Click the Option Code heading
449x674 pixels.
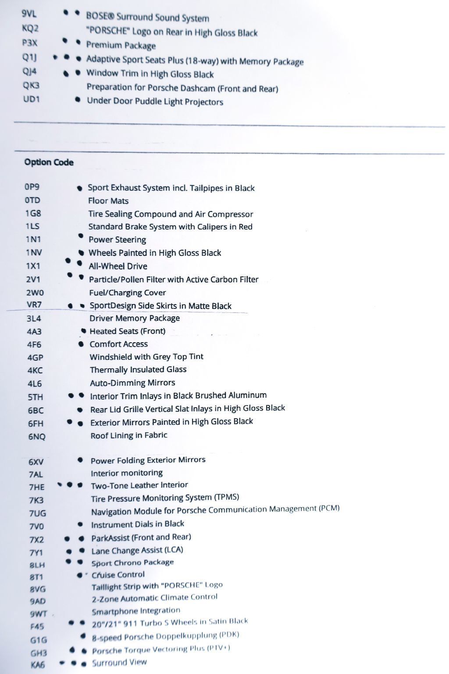[49, 162]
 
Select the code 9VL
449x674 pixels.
[29, 14]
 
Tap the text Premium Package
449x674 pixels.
[121, 45]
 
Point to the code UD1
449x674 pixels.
[31, 99]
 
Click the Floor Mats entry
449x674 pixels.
[108, 201]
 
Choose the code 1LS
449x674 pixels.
[32, 226]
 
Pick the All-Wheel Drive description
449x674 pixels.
[118, 266]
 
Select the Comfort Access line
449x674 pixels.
[118, 344]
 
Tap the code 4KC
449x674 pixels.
[35, 370]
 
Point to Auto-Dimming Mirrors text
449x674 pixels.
[132, 383]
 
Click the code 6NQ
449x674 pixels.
[37, 436]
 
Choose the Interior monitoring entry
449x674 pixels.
[126, 473]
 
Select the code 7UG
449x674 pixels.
[37, 513]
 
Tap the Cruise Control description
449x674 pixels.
[118, 574]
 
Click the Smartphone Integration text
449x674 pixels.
[135, 611]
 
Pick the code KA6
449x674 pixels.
[38, 665]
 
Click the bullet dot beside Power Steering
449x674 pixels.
[81, 236]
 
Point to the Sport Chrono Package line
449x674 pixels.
[132, 563]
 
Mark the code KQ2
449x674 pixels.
[30, 29]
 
